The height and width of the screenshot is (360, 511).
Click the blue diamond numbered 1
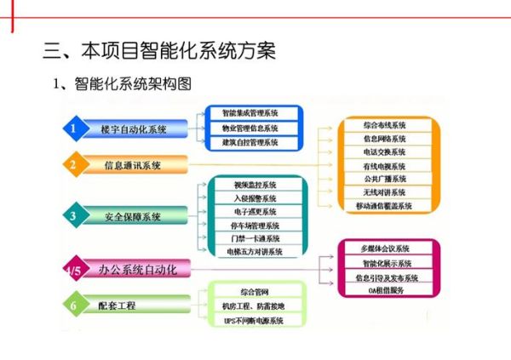[75, 129]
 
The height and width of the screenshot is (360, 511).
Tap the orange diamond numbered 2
[75, 164]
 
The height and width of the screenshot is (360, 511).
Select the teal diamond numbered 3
[75, 216]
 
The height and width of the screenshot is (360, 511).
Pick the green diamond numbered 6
[75, 305]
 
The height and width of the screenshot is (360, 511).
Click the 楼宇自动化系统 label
[134, 129]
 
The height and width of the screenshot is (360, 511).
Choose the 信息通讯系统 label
[132, 164]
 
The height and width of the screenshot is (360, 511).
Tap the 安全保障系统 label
[132, 216]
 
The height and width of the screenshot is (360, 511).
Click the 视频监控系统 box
[255, 185]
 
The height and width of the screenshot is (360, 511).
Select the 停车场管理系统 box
[255, 226]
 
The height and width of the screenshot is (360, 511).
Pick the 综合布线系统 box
[385, 125]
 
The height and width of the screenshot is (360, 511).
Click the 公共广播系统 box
[385, 179]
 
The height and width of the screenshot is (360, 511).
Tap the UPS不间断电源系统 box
[255, 321]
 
